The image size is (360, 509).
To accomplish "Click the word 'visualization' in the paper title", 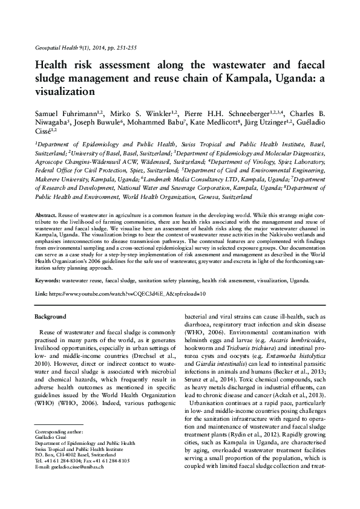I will [65, 92].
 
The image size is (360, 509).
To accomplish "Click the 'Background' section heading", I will [50, 317].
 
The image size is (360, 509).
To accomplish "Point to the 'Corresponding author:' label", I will [59, 449].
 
